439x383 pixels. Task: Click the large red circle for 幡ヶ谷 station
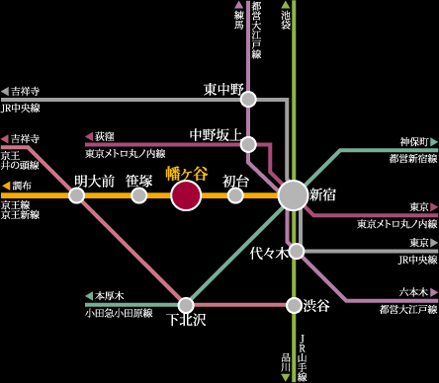coord(186,195)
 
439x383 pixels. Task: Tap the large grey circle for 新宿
coord(293,195)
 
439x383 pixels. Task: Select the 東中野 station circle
coord(248,99)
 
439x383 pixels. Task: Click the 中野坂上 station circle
coord(248,143)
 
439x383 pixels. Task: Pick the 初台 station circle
coord(235,195)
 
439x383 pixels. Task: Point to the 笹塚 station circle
coord(139,195)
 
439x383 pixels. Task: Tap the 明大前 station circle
coord(76,195)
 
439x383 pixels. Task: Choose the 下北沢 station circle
coord(186,304)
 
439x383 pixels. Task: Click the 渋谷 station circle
coord(294,304)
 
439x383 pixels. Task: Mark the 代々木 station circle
coord(295,251)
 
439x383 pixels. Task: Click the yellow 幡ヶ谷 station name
coord(186,174)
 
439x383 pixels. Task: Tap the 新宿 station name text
coord(322,195)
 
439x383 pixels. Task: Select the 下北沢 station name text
coord(186,320)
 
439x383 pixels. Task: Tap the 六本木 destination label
coord(413,292)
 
